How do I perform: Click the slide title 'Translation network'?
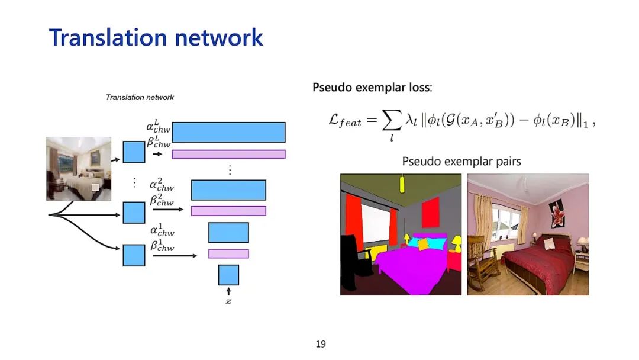point(156,37)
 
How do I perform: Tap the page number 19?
point(321,344)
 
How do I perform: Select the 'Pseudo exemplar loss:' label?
point(372,88)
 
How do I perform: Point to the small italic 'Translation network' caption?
point(140,97)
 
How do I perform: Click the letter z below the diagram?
point(228,300)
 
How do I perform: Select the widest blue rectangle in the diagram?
point(228,132)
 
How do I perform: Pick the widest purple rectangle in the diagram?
point(228,155)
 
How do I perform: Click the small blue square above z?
point(228,275)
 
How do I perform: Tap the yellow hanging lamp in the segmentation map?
point(402,185)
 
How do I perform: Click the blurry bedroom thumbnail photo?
point(79,169)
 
